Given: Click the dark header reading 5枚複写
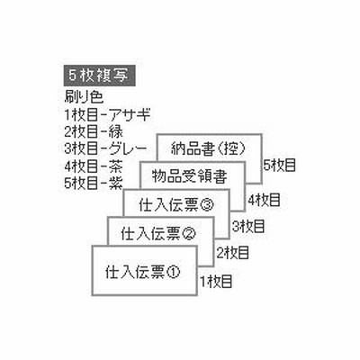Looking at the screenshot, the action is click(99, 76).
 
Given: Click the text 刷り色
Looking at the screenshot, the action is click(84, 97).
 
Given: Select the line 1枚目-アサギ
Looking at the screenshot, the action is click(107, 114).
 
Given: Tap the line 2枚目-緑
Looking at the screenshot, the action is click(94, 131).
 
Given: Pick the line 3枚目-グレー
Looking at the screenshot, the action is click(105, 148).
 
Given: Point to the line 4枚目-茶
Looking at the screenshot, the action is click(94, 166).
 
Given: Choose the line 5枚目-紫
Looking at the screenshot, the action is click(94, 183).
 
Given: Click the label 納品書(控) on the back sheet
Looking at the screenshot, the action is click(209, 148).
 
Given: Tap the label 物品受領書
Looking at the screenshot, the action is click(189, 176).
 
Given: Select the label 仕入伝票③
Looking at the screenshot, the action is click(176, 205).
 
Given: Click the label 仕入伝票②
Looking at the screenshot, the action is click(158, 234).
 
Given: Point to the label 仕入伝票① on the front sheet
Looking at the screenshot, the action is click(142, 273).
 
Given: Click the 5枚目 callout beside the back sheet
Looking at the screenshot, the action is click(280, 165).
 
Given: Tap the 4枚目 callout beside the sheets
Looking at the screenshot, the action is click(264, 200).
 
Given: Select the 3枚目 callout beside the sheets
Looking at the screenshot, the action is click(248, 227).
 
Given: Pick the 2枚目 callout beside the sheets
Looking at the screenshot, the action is click(233, 253).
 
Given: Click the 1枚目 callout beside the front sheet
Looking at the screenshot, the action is click(217, 282).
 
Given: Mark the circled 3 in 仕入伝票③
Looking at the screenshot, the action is click(206, 206).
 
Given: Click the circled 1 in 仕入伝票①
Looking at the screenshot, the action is click(173, 273).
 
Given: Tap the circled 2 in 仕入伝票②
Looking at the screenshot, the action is click(189, 234).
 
